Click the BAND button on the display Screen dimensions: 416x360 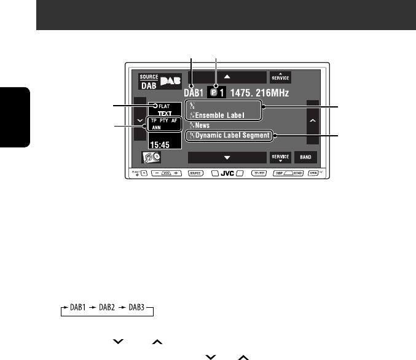pyautogui.click(x=305, y=157)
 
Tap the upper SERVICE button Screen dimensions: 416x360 pyautogui.click(x=280, y=78)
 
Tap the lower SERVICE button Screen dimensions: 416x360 pyautogui.click(x=280, y=157)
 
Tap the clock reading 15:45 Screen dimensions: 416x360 pyautogui.click(x=159, y=146)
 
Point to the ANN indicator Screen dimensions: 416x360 pyautogui.click(x=157, y=129)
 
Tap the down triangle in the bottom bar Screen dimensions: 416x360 pyautogui.click(x=227, y=157)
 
